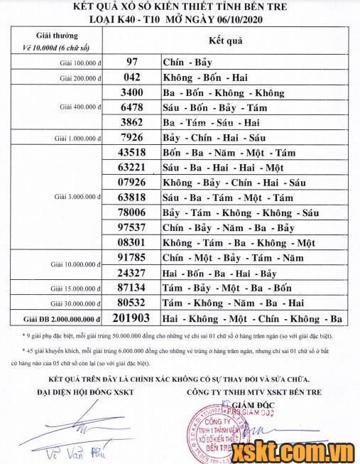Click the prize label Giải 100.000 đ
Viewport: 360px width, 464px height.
pos(78,63)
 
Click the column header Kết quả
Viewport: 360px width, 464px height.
pos(227,41)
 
